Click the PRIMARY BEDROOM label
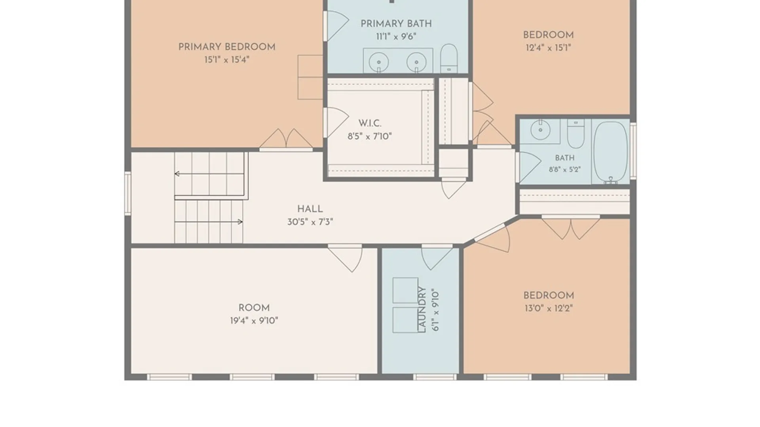coord(227,47)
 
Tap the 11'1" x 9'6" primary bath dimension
coord(396,37)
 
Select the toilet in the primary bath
coord(449,58)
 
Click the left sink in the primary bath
coord(379,62)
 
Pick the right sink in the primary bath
coord(416,62)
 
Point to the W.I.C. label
coord(370,123)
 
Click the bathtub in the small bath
coord(610,152)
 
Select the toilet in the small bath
coord(576,134)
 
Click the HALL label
coord(310,209)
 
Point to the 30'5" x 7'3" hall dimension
coord(310,222)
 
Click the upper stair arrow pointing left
coord(209,174)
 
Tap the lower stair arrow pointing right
coord(209,222)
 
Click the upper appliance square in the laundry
coord(405,291)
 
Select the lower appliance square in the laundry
coord(405,320)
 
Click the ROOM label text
coord(254,308)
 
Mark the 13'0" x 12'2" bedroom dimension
coord(549,308)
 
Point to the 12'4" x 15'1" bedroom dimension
coord(548,48)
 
